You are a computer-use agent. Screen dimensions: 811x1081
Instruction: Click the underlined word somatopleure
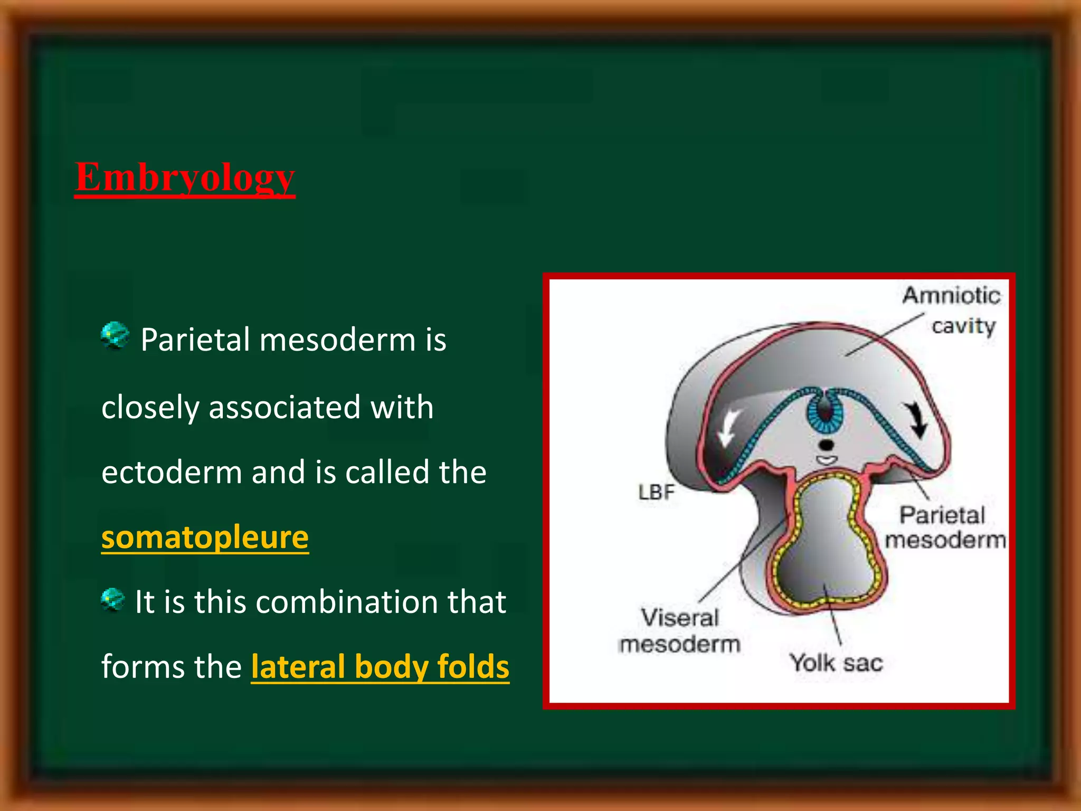205,537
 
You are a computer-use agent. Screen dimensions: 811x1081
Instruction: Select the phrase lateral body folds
380,666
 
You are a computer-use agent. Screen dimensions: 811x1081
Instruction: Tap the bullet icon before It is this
112,600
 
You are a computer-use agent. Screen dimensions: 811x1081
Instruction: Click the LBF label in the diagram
656,492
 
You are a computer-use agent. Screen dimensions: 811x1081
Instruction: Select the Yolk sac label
836,663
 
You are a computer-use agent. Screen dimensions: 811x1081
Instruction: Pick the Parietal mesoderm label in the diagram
944,527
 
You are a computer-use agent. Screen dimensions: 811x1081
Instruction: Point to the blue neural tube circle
825,412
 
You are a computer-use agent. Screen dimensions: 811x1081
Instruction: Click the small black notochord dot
826,445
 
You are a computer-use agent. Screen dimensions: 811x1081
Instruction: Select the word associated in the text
284,408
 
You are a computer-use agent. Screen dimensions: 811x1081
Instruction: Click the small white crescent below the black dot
827,460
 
